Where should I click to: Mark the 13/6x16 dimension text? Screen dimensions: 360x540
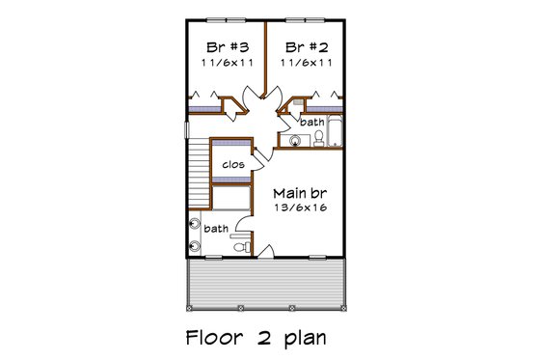(297, 207)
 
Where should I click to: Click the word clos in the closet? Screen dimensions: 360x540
(232, 164)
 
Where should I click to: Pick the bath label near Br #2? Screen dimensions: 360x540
(311, 123)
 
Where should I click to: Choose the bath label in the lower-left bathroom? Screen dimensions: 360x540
(216, 229)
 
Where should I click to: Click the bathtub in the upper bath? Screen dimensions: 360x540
(334, 131)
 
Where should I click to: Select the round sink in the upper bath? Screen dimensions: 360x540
(296, 141)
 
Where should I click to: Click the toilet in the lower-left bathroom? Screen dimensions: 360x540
(248, 248)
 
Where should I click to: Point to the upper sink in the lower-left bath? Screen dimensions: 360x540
(196, 225)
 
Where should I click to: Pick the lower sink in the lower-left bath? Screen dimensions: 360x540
(196, 244)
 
